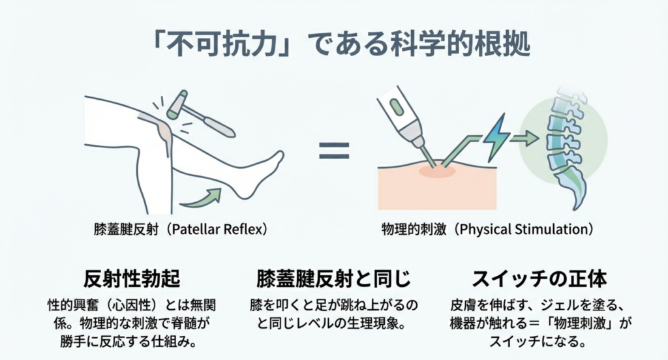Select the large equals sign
335,151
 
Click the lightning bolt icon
496,137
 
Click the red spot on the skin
437,172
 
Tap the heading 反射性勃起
132,279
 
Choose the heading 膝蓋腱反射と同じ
333,279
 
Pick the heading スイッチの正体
539,279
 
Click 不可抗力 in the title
225,44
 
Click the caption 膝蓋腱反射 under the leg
126,229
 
